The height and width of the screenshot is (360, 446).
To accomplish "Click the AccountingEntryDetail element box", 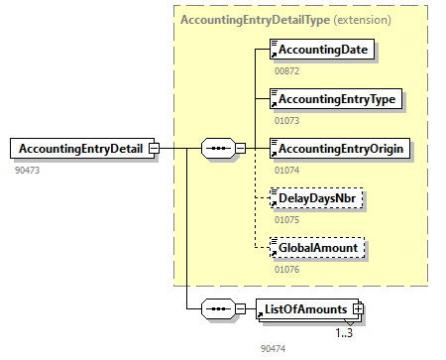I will point(79,149).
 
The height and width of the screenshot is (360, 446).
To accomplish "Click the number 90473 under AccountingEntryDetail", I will point(29,171).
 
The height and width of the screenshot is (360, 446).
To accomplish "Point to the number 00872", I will point(286,71).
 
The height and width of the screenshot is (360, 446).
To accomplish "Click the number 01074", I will point(286,171).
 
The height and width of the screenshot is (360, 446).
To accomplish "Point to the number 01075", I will point(286,220).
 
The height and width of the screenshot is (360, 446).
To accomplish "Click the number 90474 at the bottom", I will point(274,349).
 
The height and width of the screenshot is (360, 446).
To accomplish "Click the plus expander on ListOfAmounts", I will point(359,308).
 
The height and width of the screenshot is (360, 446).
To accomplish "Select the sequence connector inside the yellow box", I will point(217,149).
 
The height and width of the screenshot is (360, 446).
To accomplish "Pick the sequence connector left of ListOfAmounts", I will point(217,308).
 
